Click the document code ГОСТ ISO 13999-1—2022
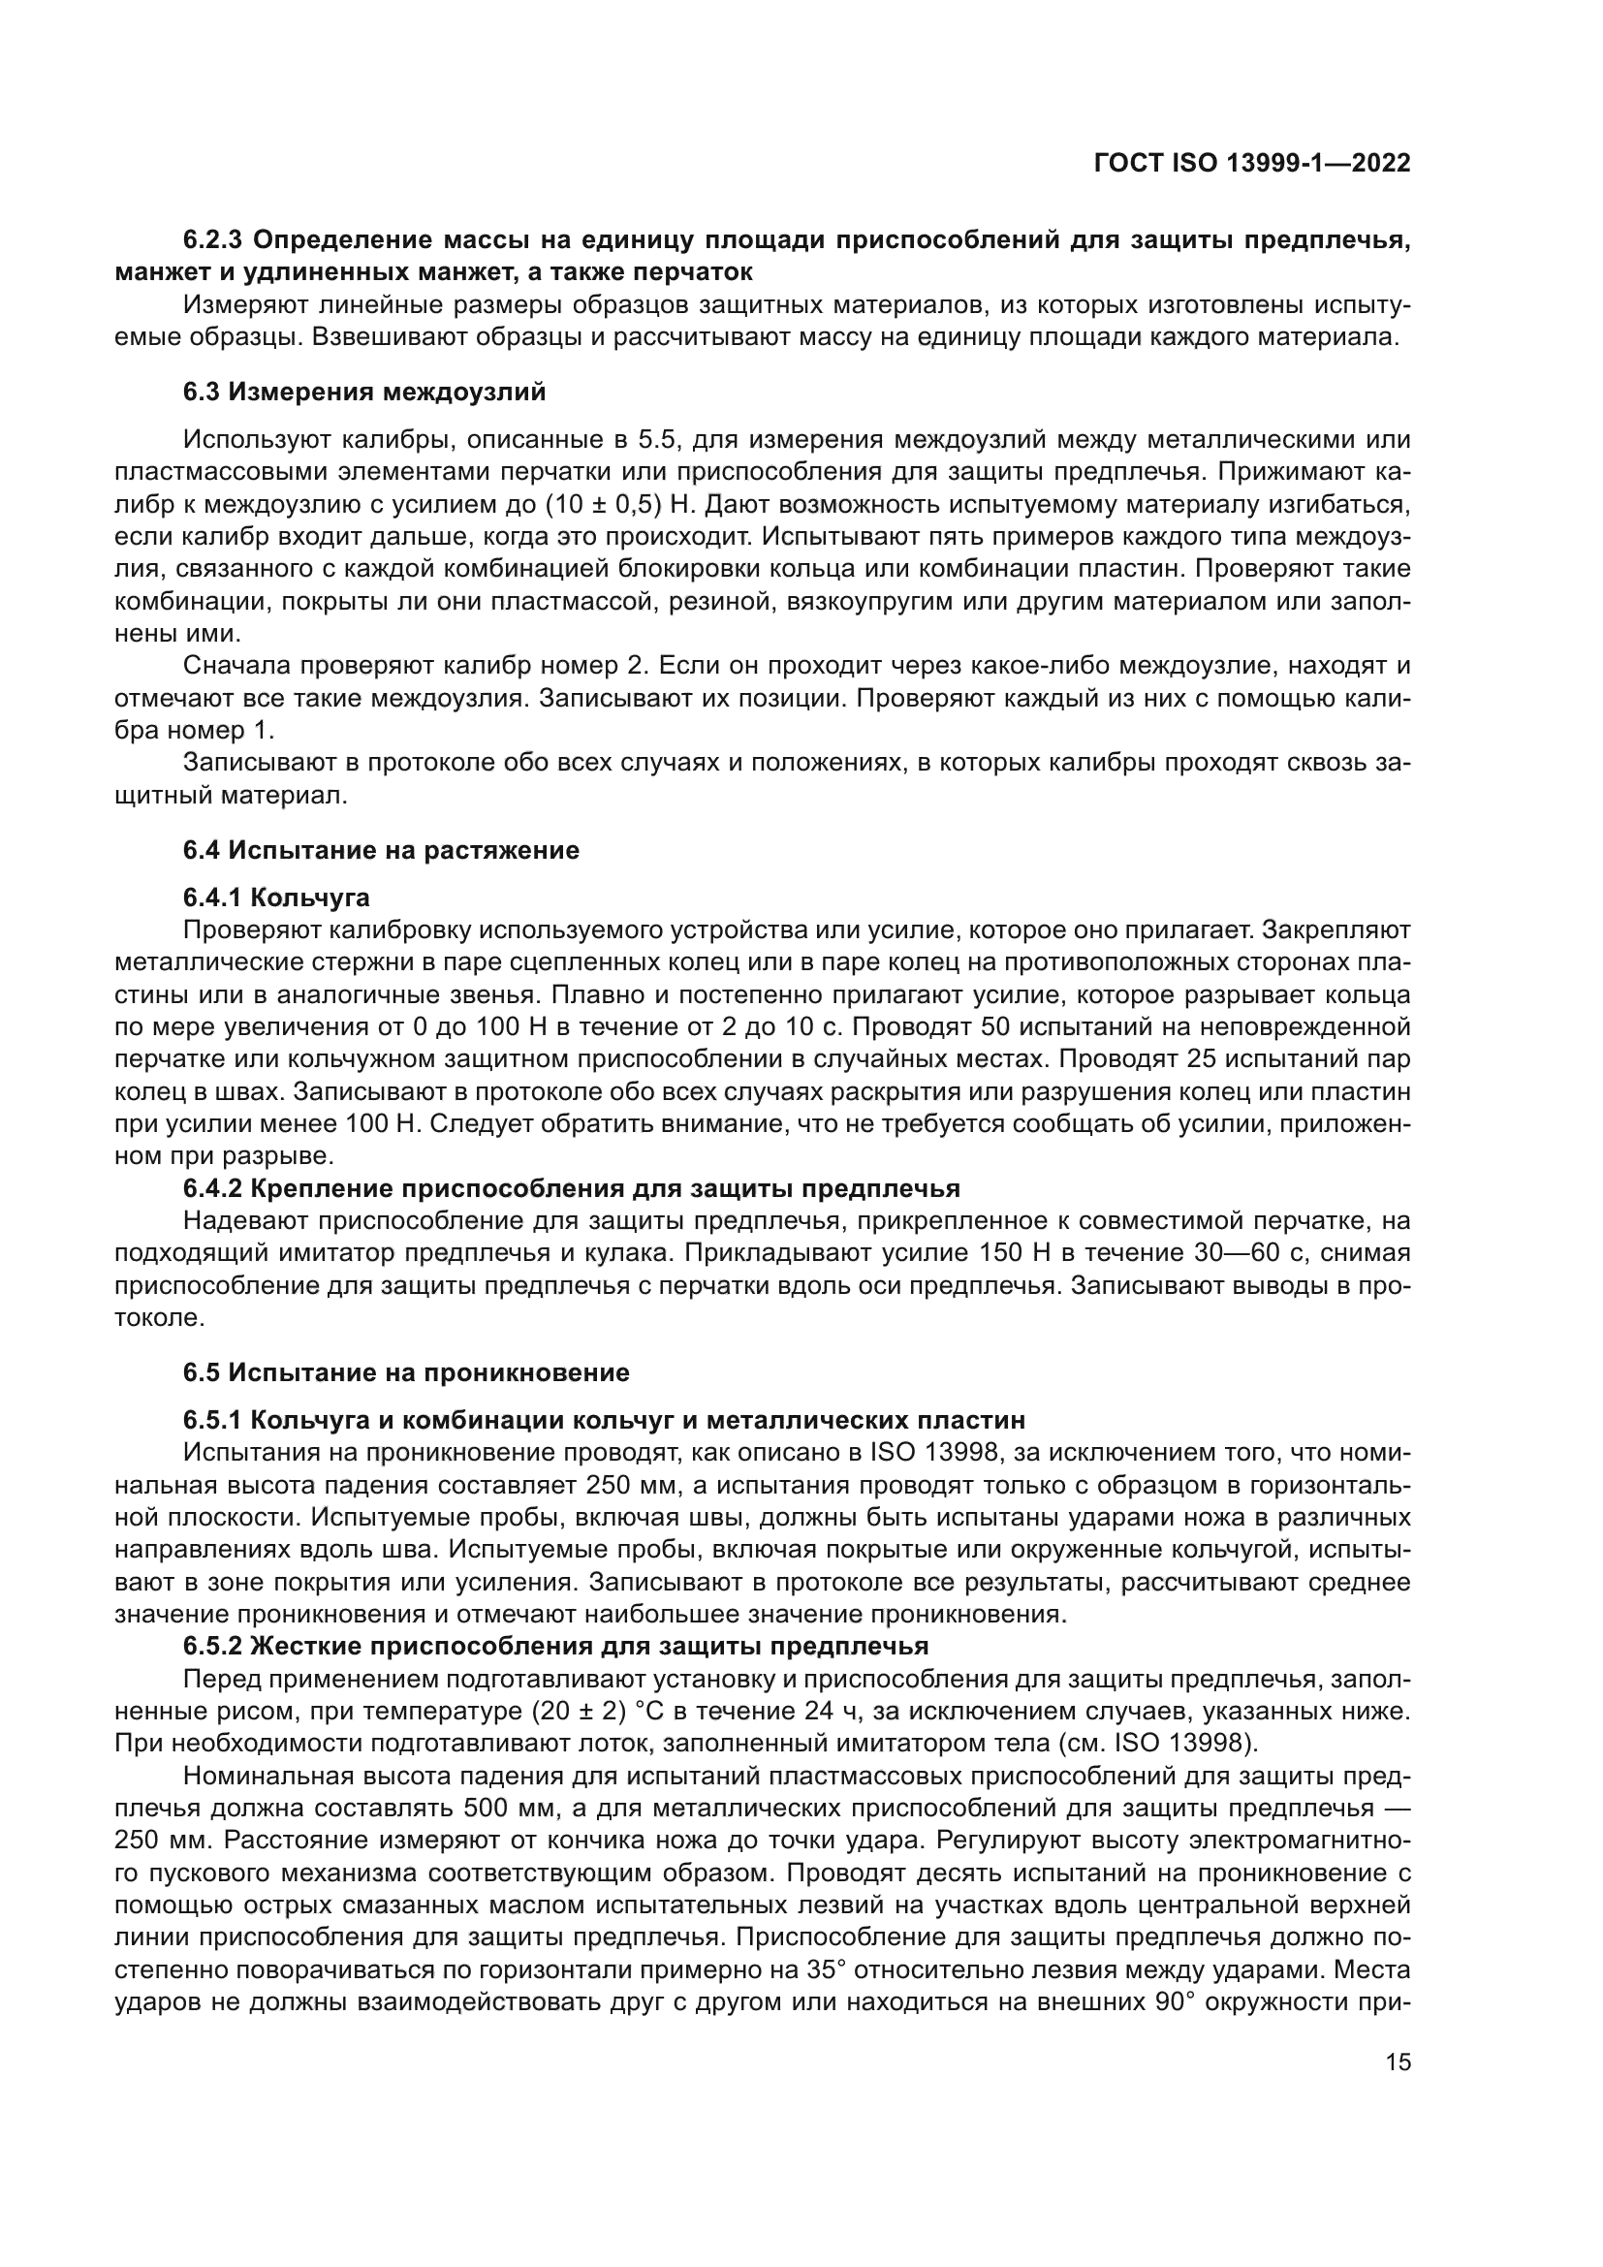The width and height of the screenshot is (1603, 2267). tap(1251, 163)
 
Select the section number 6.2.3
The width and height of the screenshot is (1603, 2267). tap(214, 240)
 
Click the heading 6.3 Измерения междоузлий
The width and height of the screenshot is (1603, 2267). tap(364, 392)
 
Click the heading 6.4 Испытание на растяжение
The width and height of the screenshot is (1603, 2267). tap(381, 850)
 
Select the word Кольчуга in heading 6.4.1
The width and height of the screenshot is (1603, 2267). tap(310, 897)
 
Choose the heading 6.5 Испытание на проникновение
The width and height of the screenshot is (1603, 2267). tap(406, 1372)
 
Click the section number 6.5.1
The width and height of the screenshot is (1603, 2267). tap(212, 1420)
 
